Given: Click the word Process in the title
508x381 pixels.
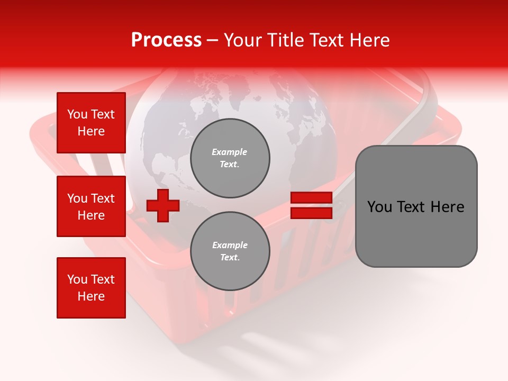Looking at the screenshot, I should (166, 40).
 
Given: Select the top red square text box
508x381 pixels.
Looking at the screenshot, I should (91, 123).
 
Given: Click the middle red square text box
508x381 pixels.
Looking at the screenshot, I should (91, 206).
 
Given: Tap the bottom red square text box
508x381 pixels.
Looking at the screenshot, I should (91, 288).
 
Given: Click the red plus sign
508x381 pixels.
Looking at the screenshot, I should (163, 205).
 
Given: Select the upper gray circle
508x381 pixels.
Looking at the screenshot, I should (230, 158).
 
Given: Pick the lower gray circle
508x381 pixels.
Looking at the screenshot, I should (230, 251).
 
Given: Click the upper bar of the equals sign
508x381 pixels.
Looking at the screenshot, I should (311, 198).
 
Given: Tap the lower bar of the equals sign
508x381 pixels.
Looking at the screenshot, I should (311, 213).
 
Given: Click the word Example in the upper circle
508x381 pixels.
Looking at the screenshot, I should (230, 152).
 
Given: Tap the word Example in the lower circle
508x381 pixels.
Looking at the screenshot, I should (230, 245).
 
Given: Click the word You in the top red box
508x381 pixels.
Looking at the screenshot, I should (77, 114).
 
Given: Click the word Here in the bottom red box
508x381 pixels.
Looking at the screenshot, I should (91, 296).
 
